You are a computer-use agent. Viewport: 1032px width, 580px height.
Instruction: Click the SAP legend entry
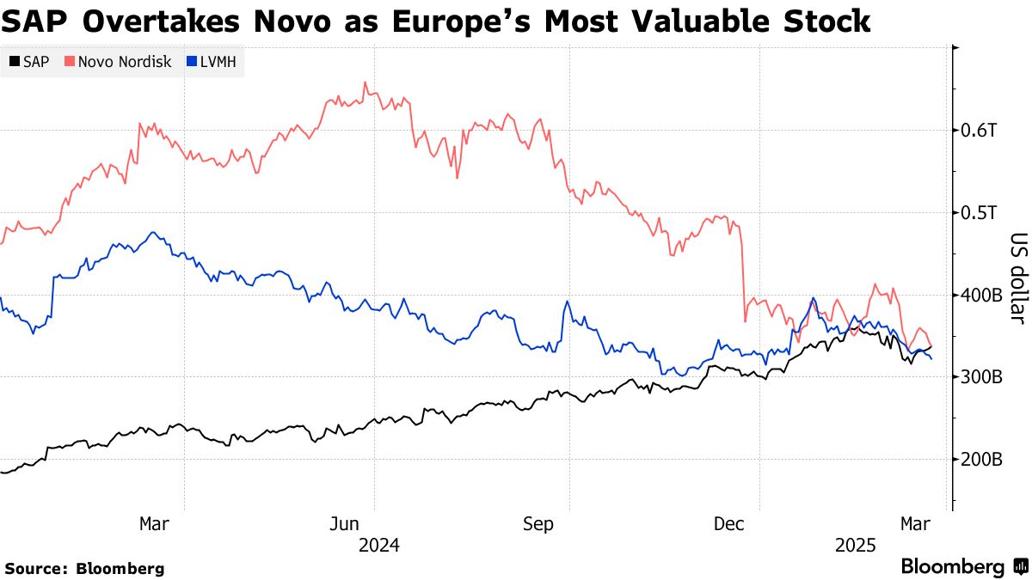point(29,62)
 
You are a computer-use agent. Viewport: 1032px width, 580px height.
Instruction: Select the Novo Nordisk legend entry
point(120,62)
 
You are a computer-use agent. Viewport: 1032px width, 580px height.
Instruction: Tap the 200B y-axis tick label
point(981,461)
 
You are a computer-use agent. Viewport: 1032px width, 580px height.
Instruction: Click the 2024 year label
point(379,545)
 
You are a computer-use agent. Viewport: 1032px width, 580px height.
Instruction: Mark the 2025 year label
point(856,545)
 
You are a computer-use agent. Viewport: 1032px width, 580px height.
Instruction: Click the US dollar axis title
point(1018,278)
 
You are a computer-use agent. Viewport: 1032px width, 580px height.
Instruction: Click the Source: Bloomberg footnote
point(84,568)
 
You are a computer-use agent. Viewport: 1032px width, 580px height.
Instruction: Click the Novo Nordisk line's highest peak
point(365,82)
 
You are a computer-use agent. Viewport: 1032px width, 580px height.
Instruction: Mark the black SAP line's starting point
point(2,473)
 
